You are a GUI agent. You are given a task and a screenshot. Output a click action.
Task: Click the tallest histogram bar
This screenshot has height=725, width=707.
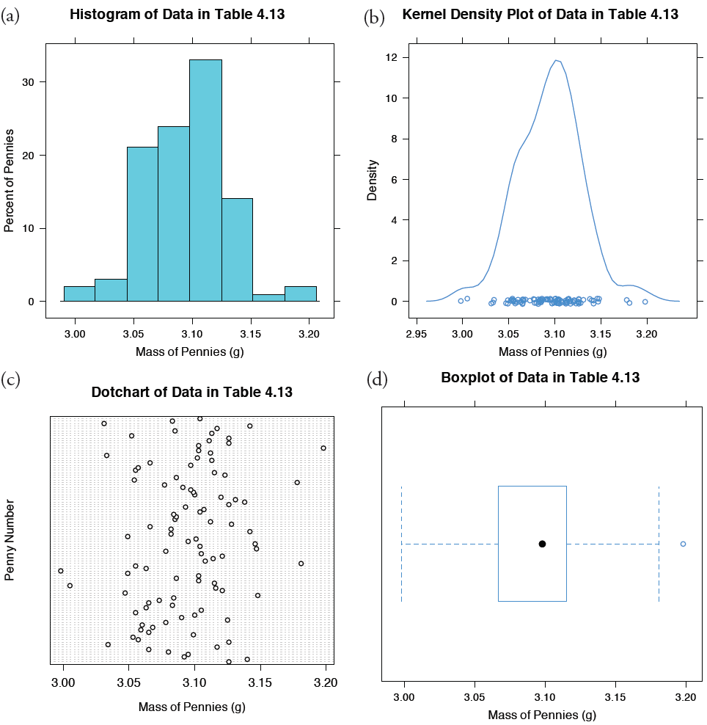[x=205, y=180]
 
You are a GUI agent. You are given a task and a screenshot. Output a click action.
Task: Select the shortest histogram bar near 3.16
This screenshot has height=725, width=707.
[x=268, y=297]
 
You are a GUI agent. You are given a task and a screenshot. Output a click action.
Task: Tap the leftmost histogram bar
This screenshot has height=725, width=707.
[x=79, y=294]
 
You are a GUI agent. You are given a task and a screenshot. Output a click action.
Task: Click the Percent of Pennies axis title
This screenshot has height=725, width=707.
[x=10, y=180]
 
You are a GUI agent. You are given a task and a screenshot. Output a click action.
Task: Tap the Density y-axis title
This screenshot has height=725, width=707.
[x=372, y=180]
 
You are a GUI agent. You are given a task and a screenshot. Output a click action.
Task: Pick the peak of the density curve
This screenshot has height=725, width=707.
[x=557, y=60]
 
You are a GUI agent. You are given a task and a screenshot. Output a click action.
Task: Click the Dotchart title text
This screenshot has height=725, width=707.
[x=191, y=392]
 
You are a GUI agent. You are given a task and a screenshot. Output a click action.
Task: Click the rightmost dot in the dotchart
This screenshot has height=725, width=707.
[x=323, y=448]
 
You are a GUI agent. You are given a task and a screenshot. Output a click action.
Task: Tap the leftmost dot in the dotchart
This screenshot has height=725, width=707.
[x=61, y=570]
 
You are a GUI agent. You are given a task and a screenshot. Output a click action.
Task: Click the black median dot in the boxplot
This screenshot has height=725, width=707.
[x=542, y=544]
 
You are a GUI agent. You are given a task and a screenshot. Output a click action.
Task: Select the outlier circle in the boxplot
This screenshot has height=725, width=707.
[x=683, y=544]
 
